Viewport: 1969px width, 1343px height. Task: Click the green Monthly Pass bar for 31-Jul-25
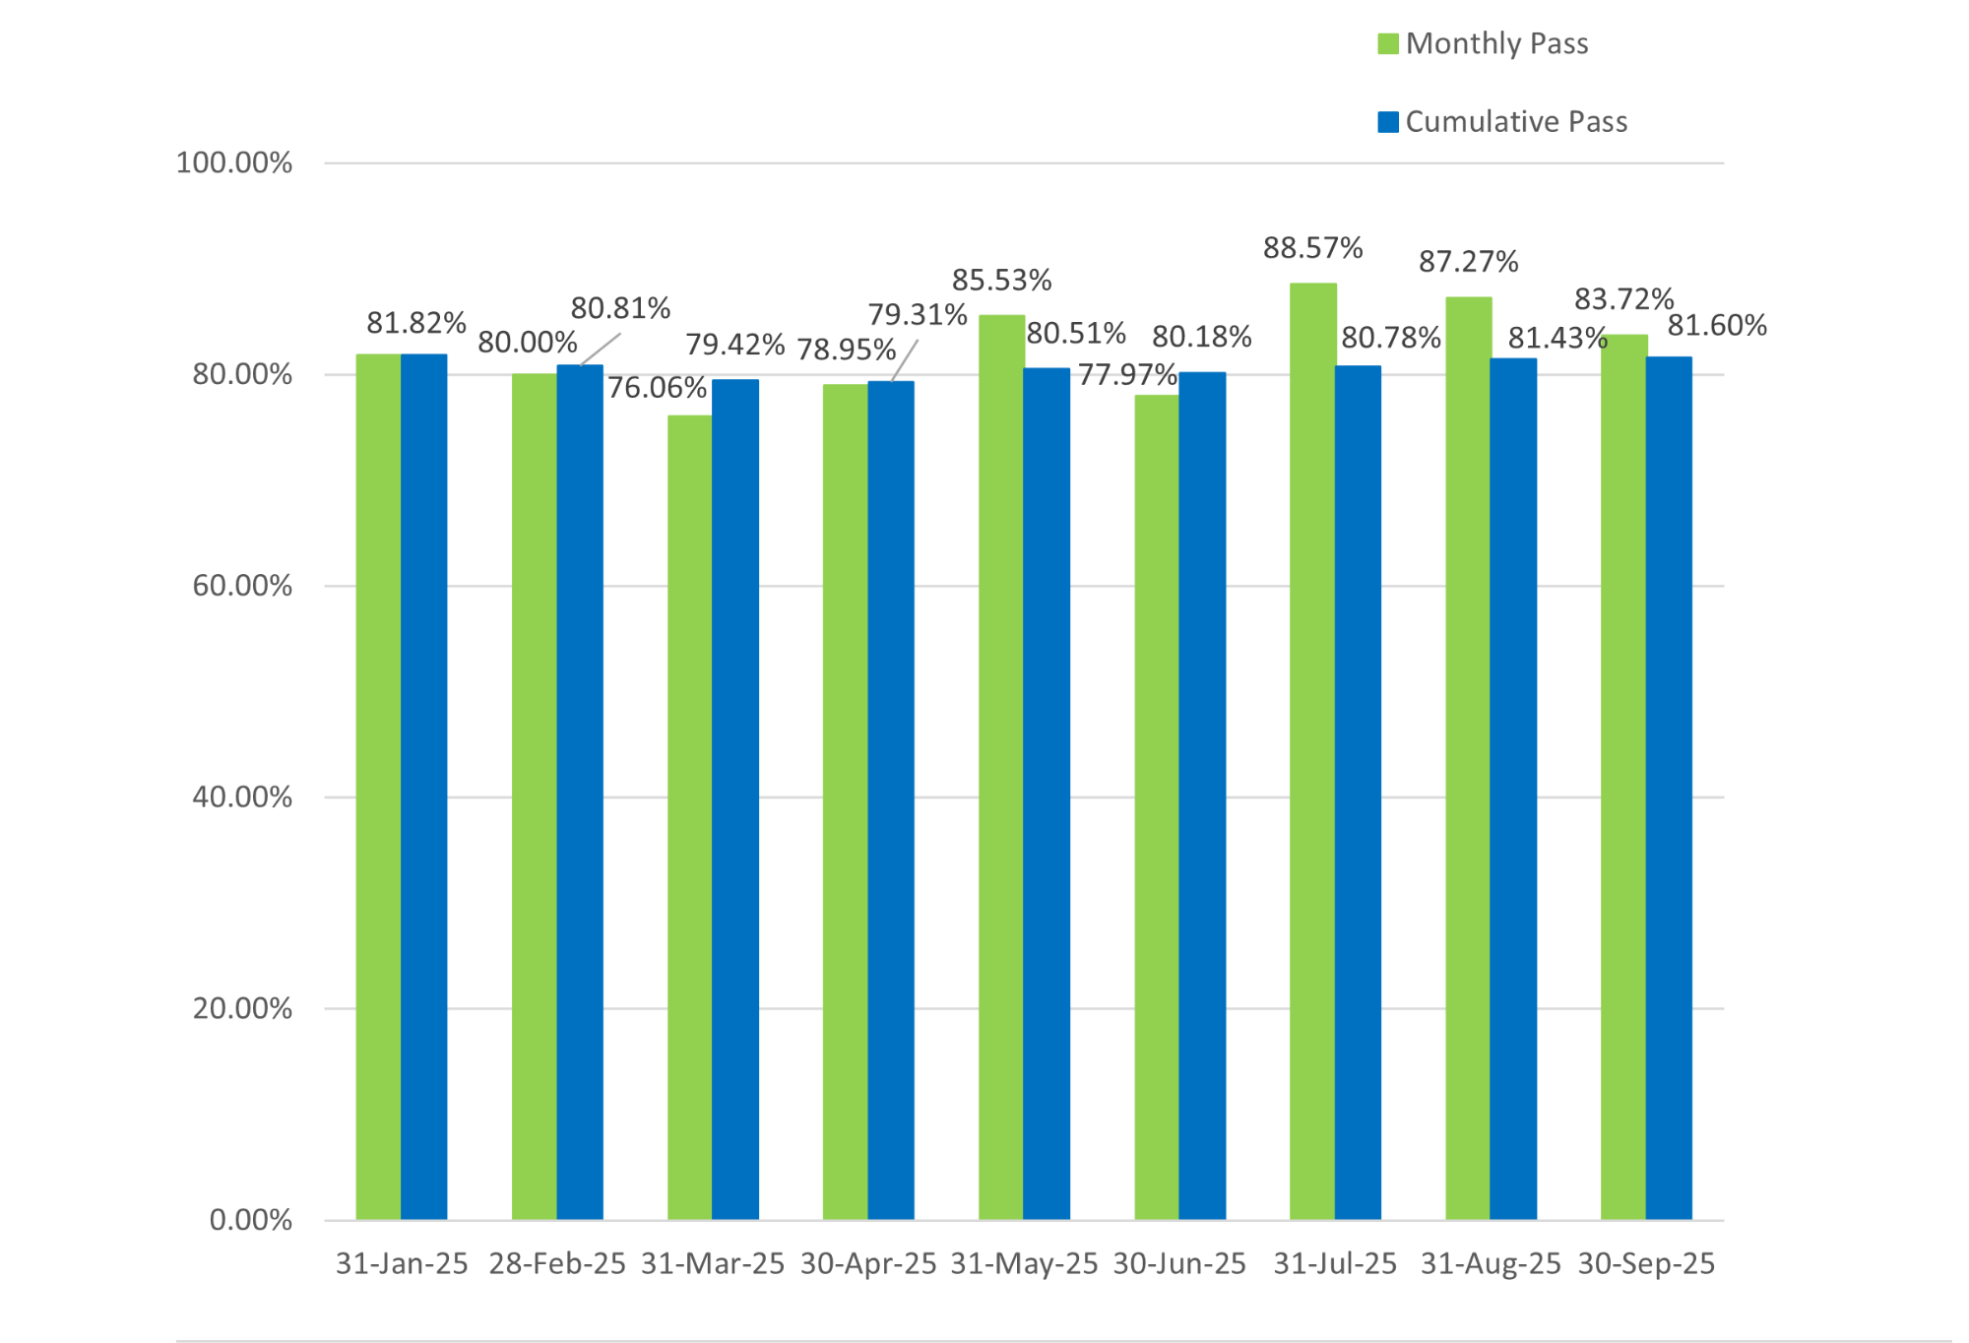(1312, 748)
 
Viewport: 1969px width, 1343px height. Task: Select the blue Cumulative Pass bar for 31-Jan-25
(424, 788)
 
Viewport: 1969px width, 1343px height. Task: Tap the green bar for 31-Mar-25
(689, 817)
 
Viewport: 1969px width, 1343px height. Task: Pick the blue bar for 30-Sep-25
(1669, 788)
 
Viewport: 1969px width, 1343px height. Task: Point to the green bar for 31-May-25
(1000, 768)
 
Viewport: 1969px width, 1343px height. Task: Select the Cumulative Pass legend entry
(1502, 122)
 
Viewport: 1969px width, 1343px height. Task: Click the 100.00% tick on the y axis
(233, 163)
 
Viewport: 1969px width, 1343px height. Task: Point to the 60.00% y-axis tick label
(242, 587)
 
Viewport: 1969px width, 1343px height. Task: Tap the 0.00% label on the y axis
(250, 1221)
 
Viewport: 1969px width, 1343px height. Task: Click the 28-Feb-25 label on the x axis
(557, 1264)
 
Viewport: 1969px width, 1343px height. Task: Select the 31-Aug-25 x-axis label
(1491, 1264)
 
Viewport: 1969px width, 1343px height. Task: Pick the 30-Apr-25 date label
(868, 1264)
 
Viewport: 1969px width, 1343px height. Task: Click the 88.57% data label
(1312, 248)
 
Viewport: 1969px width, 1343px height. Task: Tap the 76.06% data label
(657, 388)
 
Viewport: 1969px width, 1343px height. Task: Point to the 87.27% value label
(1468, 262)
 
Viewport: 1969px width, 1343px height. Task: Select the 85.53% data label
(1001, 281)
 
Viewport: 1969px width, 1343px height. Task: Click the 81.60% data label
(1717, 326)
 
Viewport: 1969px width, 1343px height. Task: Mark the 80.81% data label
(620, 309)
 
